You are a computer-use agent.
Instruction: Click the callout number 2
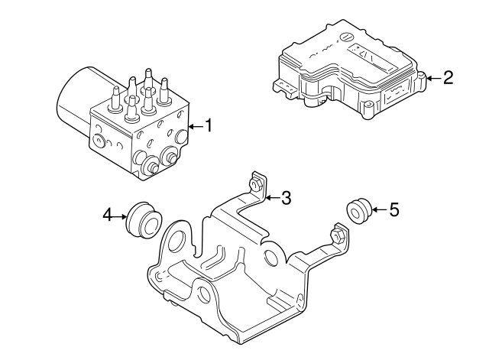coord(448,77)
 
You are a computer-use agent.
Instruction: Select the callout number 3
coord(286,199)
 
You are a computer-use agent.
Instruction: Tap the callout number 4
coord(108,216)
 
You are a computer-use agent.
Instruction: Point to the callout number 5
coord(394,209)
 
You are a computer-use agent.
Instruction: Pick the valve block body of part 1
coord(141,138)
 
